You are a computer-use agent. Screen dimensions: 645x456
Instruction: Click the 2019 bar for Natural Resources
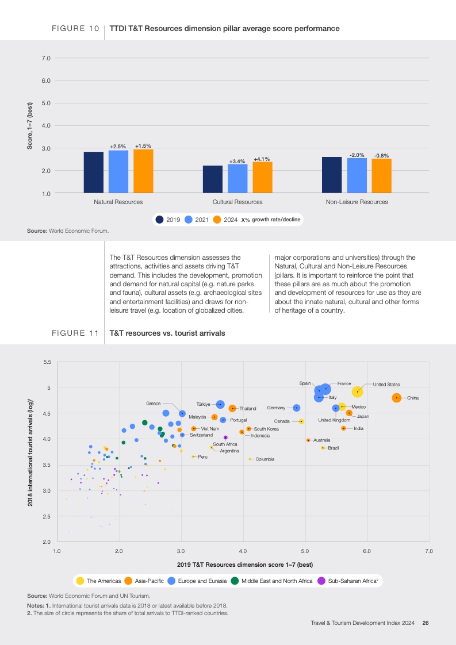click(x=94, y=172)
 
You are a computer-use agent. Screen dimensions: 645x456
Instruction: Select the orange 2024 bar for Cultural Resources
click(x=262, y=178)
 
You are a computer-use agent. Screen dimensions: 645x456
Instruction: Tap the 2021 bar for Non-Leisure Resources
click(x=357, y=175)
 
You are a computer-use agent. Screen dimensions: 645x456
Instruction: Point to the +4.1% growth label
click(x=262, y=159)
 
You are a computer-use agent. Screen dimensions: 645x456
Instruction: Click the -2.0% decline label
click(x=357, y=155)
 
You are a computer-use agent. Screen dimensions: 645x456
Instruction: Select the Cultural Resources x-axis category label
click(x=237, y=202)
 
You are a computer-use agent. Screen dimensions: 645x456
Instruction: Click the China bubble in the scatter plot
click(x=397, y=398)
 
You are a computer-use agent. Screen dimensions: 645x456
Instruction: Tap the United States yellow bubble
click(x=357, y=391)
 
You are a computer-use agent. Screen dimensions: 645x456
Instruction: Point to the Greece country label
click(x=153, y=404)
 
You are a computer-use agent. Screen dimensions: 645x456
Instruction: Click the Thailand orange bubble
click(x=232, y=408)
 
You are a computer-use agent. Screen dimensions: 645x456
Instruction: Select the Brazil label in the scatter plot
click(x=333, y=448)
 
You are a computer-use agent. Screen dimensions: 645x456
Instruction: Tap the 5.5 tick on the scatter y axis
click(x=48, y=362)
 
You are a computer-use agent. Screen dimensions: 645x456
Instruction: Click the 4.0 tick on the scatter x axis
click(x=243, y=551)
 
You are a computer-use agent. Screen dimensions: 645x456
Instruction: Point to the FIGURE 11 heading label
click(x=75, y=333)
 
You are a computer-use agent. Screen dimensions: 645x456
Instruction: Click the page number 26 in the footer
click(x=426, y=623)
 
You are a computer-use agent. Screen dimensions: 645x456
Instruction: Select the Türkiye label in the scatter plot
click(x=205, y=404)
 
